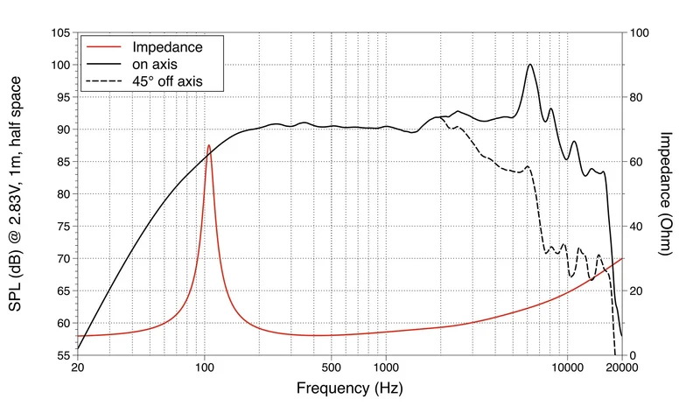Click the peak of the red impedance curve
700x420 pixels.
pos(208,145)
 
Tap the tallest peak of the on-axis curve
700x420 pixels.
pos(530,65)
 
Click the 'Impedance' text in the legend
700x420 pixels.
pos(167,47)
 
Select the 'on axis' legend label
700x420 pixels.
pos(155,64)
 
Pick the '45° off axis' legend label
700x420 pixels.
pos(167,81)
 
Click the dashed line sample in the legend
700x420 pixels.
pos(103,81)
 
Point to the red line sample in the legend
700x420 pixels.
pos(103,47)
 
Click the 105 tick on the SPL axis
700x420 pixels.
pos(60,32)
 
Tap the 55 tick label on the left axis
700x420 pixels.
pos(64,356)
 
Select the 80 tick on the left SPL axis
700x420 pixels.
pos(64,194)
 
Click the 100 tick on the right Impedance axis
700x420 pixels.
pos(639,32)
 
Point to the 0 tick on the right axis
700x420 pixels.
pos(633,356)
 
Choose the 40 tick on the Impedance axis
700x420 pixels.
pos(636,227)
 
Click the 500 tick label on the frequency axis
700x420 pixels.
pos(331,367)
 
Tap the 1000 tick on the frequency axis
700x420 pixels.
pos(386,367)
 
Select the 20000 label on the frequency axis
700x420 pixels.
pos(622,367)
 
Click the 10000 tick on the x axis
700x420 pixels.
pos(567,367)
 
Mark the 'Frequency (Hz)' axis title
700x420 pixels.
pos(349,388)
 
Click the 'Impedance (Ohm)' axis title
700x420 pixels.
pos(665,193)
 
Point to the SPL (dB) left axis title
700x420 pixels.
pos(15,193)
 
